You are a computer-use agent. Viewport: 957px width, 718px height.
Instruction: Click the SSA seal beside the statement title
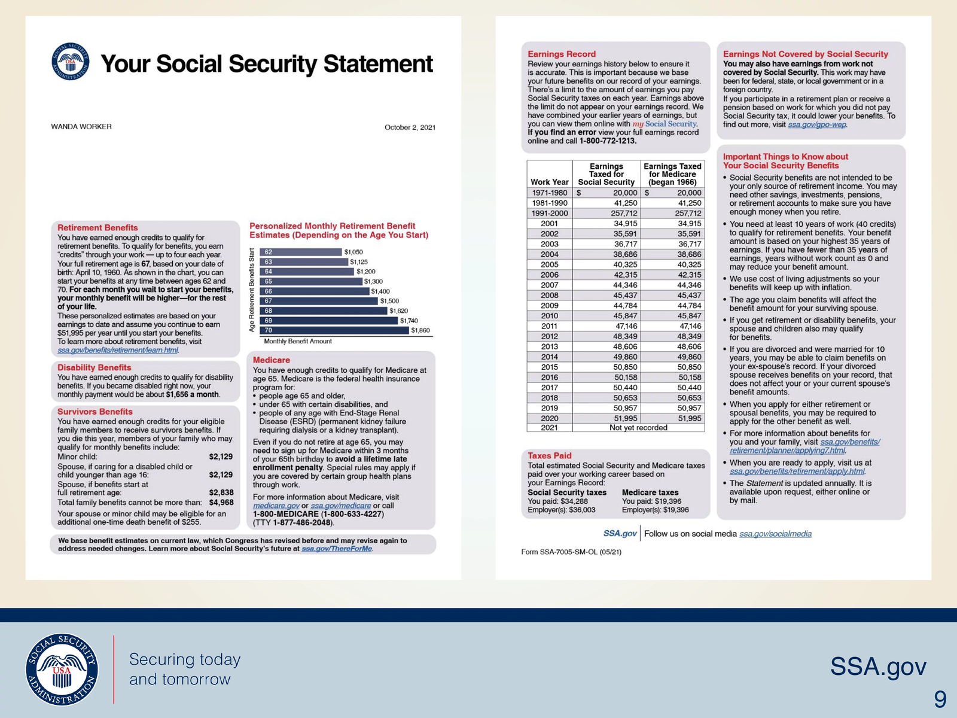[71, 62]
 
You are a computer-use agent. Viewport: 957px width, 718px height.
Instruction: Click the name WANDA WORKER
[81, 127]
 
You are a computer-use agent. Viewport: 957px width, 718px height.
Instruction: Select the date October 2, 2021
[410, 127]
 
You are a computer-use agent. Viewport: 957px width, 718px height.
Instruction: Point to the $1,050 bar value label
[353, 252]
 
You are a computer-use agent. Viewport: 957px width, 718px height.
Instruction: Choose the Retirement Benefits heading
[97, 227]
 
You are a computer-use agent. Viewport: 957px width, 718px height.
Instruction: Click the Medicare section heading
[271, 360]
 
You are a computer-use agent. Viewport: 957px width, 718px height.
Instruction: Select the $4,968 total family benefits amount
[221, 503]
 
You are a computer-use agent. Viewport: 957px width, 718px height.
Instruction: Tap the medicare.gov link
[276, 506]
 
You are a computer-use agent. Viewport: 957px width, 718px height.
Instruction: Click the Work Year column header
[549, 182]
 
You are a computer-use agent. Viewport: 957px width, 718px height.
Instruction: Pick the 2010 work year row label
[549, 316]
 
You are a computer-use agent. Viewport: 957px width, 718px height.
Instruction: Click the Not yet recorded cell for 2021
[638, 428]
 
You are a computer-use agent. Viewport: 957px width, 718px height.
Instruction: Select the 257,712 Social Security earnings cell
[624, 214]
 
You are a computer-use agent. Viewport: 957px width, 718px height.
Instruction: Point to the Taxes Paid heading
[549, 455]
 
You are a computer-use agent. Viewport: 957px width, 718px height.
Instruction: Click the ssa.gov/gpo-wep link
[816, 124]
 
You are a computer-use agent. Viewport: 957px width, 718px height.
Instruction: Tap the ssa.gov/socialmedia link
[775, 534]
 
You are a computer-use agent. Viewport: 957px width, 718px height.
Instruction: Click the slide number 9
[940, 699]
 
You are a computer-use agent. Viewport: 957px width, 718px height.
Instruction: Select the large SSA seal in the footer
[62, 670]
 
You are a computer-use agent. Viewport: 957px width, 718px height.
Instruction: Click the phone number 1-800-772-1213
[608, 141]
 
